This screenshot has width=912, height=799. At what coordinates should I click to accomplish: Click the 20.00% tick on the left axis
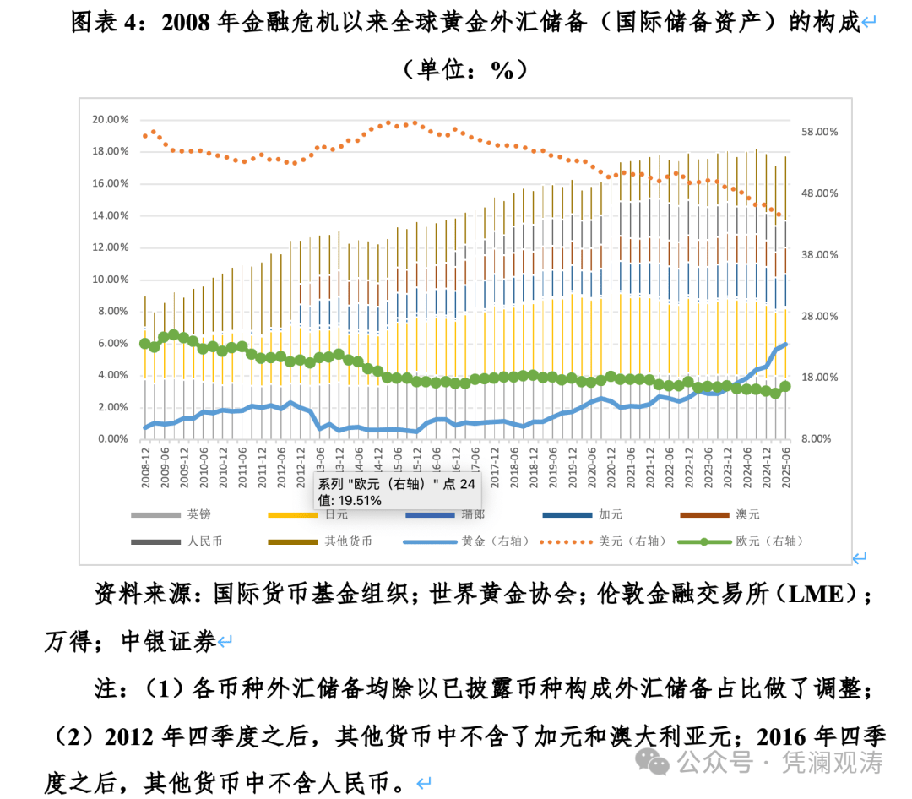point(111,120)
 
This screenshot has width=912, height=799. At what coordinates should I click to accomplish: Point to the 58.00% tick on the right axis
point(819,133)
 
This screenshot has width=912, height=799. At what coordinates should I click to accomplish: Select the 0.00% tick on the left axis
point(112,439)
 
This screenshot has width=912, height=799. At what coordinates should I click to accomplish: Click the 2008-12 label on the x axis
point(145,463)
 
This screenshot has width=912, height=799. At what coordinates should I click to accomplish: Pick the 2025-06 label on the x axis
point(785,463)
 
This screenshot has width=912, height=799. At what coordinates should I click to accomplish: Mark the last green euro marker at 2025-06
point(784,386)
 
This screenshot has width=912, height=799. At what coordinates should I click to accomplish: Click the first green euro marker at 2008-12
point(144,344)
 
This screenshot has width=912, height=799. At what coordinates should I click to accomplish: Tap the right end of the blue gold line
point(785,344)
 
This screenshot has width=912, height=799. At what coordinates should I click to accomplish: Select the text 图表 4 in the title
point(102,23)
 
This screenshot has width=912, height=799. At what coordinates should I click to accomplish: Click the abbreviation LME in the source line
point(817,594)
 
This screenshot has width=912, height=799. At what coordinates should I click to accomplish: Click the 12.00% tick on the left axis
point(111,247)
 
